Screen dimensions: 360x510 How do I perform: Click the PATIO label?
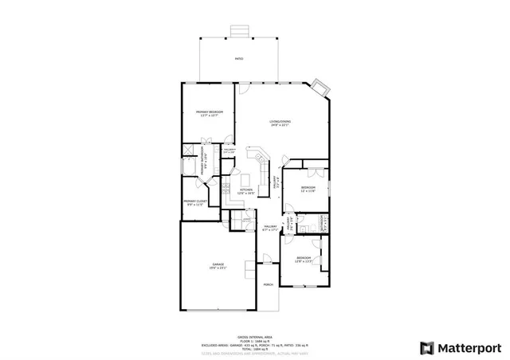point(239,60)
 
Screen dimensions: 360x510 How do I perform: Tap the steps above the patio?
point(239,30)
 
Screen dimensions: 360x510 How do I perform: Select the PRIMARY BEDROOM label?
point(209,112)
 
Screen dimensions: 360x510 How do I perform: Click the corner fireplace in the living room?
point(320,84)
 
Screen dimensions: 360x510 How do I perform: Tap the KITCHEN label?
point(246,190)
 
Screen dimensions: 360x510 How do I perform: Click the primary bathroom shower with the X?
point(189,150)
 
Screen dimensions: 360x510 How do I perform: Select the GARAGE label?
point(218,265)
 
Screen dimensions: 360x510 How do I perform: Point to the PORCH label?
point(269,284)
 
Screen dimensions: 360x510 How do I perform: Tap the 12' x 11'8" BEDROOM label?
point(308,187)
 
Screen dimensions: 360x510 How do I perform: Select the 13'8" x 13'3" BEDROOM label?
point(304,259)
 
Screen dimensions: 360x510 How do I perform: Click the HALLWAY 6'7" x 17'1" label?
point(269,228)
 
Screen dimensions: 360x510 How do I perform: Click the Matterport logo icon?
point(427,347)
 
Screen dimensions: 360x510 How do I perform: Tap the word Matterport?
point(470,347)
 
